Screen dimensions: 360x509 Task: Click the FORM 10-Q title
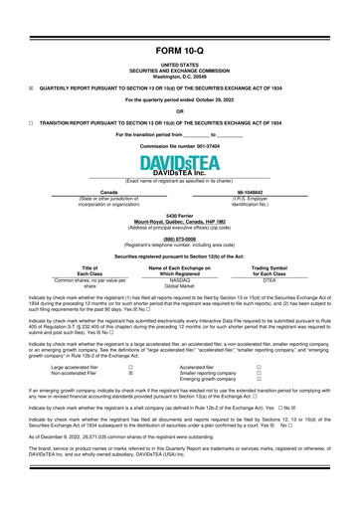tap(180, 50)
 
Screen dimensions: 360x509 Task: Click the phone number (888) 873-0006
tap(180, 239)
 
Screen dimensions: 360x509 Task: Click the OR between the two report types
tap(180, 110)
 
